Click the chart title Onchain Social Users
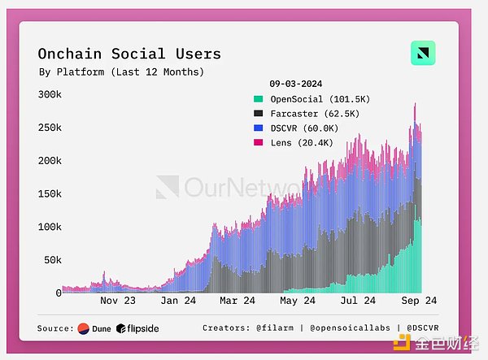point(129,54)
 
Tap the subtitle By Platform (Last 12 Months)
point(120,72)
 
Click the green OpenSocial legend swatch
point(258,99)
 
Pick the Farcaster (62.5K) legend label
point(312,114)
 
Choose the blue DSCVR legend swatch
point(258,128)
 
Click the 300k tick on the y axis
point(50,94)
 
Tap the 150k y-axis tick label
point(50,193)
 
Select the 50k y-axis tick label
point(52,259)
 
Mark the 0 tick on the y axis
point(59,293)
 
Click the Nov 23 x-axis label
point(118,301)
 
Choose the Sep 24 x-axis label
point(419,301)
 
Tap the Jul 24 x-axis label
point(359,301)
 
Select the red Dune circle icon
point(84,328)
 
